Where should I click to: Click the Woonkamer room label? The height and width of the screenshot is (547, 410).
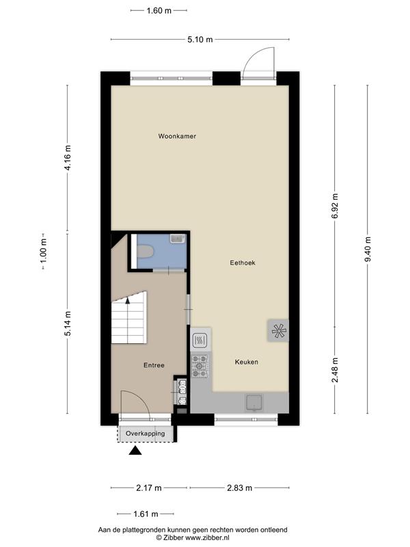(177, 137)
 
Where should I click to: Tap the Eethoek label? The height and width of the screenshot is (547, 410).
(242, 263)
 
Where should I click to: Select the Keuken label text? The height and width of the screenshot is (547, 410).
(246, 362)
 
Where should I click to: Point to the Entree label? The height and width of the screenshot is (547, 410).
(154, 365)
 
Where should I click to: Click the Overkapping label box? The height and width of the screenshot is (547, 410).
(145, 433)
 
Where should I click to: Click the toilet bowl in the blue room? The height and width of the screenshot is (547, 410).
(145, 254)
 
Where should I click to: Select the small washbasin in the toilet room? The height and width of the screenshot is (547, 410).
(176, 239)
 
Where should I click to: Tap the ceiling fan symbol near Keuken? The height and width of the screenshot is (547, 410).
(277, 331)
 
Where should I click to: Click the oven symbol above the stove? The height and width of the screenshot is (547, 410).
(200, 339)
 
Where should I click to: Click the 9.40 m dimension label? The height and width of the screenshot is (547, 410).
(368, 250)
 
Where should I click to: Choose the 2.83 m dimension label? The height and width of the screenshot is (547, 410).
(239, 488)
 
